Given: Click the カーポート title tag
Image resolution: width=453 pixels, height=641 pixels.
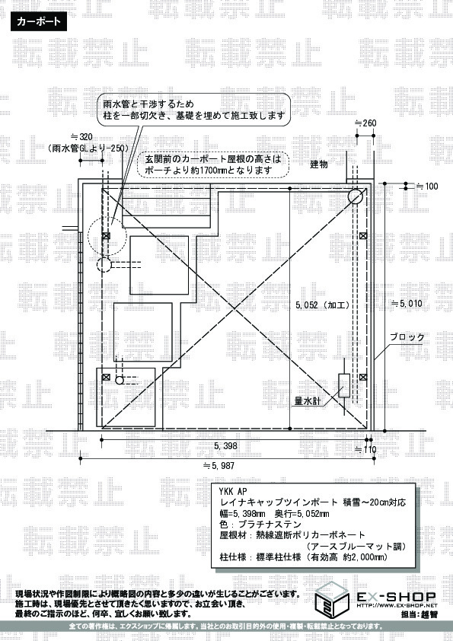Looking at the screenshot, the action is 38,21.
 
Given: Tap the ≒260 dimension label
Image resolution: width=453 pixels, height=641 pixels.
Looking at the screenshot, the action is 365,123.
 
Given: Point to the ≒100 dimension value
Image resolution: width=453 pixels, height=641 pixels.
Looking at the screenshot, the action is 427,187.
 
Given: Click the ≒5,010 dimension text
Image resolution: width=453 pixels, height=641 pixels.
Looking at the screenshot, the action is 407,304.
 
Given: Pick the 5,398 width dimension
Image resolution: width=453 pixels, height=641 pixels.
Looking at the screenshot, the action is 225,446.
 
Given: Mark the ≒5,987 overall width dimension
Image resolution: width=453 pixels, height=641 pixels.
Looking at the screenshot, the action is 219,466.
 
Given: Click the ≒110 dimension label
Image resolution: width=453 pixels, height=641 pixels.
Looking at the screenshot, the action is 365,450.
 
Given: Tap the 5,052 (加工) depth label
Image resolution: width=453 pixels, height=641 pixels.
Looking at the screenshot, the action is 323,305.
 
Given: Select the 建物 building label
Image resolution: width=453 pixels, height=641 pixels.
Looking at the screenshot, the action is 319,164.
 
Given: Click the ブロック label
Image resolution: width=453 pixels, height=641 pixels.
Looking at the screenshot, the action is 407,337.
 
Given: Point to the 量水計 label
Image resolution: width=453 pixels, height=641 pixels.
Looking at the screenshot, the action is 308,401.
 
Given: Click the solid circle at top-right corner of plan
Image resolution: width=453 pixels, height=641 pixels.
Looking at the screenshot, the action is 356,196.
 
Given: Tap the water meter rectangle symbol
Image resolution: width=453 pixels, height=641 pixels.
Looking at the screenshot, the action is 344,385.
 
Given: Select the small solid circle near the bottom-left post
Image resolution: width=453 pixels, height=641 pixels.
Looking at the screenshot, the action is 120,380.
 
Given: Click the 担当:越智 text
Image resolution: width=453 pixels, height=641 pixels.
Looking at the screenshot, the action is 420,614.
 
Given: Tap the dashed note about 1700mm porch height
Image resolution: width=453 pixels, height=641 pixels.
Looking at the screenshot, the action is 212,164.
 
